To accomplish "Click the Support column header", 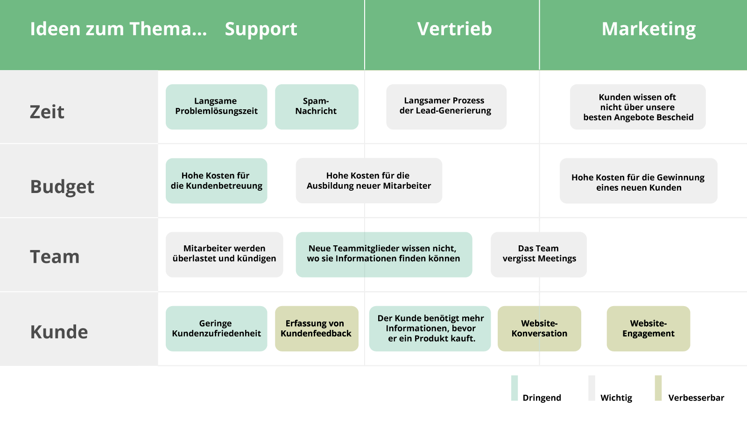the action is click(x=261, y=29).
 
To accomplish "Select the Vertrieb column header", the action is click(x=454, y=29).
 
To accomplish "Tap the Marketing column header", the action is click(x=648, y=29).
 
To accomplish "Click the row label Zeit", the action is click(x=47, y=112).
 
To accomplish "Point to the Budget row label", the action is click(x=63, y=186).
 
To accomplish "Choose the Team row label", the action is click(x=55, y=257).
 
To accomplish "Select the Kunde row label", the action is click(x=59, y=331).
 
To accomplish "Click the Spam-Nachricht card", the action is click(x=317, y=107).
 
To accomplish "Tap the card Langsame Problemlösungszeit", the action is click(x=217, y=107).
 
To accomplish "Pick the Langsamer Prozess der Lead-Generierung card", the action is click(x=446, y=107).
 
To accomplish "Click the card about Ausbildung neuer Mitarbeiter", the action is click(x=369, y=180).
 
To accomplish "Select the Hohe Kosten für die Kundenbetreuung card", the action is click(x=217, y=180).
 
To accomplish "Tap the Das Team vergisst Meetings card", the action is click(x=539, y=254).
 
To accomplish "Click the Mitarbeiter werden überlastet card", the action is click(x=225, y=254).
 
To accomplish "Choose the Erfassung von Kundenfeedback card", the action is click(x=317, y=329).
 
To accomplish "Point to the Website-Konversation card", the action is click(x=539, y=329).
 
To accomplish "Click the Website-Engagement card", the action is click(x=648, y=329).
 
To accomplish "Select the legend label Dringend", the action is click(x=542, y=398).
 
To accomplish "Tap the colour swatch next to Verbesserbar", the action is click(x=658, y=388).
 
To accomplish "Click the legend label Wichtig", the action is click(x=616, y=398).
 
